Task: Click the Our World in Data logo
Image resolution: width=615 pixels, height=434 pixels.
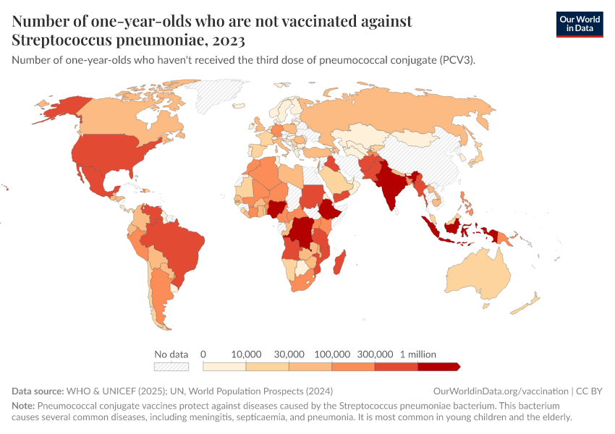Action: tap(579, 23)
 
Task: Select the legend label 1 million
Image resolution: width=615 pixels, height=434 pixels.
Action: tap(418, 354)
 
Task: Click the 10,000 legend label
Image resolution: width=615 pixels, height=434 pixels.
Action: tap(246, 354)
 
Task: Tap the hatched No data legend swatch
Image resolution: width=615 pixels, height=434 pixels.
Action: tap(171, 367)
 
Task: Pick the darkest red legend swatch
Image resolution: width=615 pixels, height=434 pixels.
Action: tap(438, 367)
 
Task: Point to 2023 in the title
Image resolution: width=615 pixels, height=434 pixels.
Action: tap(229, 40)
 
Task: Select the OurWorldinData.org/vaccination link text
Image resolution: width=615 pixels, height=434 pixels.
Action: tap(500, 391)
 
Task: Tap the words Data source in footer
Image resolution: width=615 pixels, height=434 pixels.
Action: tap(38, 391)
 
